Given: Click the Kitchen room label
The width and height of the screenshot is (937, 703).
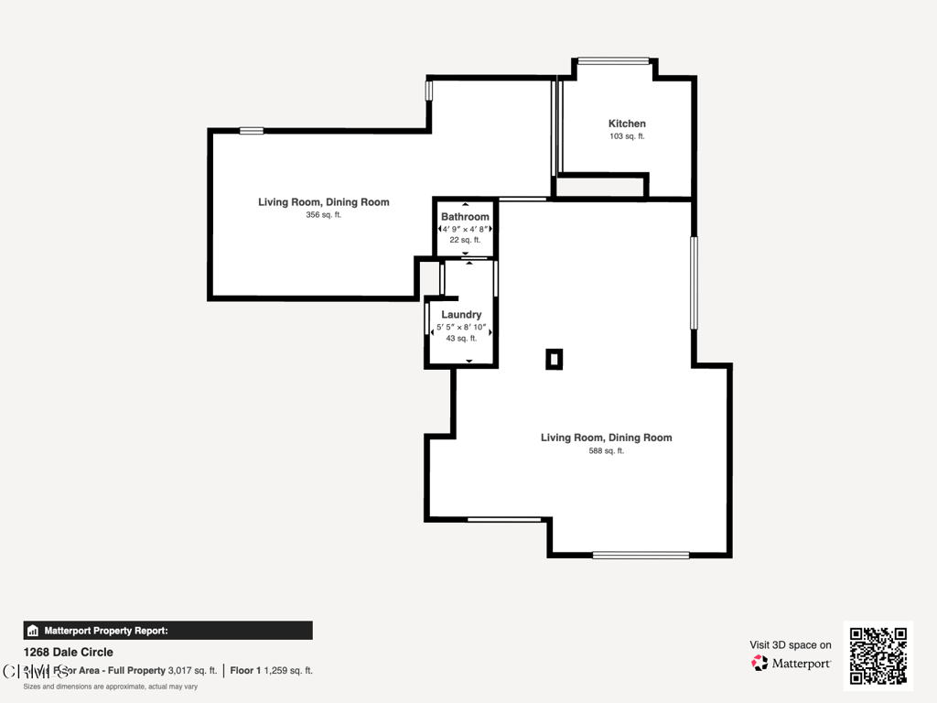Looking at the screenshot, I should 627,124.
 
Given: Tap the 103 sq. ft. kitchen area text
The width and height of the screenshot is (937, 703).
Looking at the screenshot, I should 627,136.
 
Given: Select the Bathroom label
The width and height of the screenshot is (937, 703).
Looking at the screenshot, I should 465,217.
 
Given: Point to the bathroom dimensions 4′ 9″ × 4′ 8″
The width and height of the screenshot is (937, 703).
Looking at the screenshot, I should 466,229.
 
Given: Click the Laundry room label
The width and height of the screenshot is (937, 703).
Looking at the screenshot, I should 461,315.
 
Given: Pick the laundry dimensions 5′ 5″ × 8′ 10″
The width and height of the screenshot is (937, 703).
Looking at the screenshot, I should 461,327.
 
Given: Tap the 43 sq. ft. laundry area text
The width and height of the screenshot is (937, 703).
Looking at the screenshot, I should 461,339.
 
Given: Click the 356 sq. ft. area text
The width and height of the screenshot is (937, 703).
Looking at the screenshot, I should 323,215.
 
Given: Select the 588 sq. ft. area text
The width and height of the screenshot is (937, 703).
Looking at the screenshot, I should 606,450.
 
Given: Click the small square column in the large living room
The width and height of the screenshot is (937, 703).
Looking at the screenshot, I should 554,360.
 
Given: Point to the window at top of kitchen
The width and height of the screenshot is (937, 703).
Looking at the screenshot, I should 613,61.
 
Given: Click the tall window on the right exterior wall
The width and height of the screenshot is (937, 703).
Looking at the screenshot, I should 694,283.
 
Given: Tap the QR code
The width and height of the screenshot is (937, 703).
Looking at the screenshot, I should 878,655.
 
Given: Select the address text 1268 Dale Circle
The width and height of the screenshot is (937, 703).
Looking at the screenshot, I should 69,652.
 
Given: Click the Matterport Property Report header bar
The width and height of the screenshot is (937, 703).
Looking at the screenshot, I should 167,631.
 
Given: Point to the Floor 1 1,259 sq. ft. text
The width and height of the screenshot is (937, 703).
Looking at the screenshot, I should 271,670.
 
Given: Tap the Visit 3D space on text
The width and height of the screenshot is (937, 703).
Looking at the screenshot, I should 791,644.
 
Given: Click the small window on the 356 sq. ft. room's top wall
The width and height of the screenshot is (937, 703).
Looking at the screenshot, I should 252,131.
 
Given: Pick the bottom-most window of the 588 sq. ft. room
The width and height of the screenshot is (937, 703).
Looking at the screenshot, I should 641,555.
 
